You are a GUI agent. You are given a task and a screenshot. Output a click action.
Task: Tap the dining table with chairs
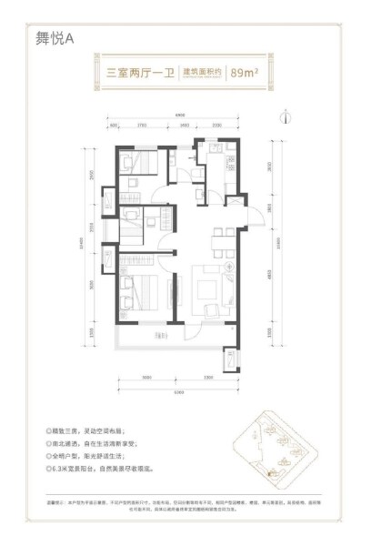pyautogui.click(x=218, y=242)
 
